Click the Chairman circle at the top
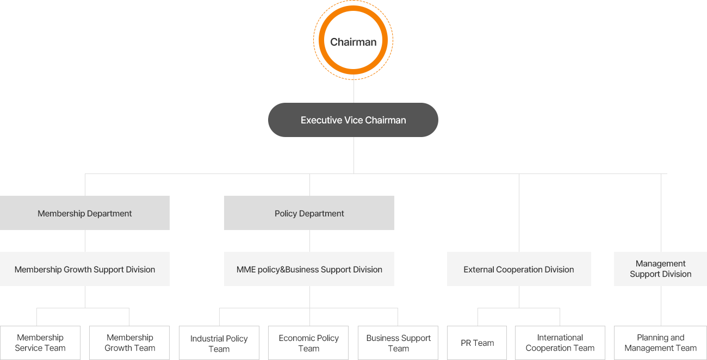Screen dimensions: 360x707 click(x=353, y=41)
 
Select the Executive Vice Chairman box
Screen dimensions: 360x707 click(x=353, y=120)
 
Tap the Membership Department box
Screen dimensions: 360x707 click(x=85, y=213)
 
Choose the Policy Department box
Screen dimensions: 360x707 click(x=309, y=213)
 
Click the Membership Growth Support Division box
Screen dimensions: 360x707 click(x=85, y=269)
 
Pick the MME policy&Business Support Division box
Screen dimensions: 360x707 click(x=309, y=269)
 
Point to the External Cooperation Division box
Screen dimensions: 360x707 click(x=519, y=269)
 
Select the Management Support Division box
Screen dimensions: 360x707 click(x=660, y=269)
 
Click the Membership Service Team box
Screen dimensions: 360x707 click(x=40, y=343)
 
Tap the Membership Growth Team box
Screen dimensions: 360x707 click(x=129, y=343)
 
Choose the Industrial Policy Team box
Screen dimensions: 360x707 click(x=219, y=343)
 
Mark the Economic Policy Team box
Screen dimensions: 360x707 click(x=308, y=343)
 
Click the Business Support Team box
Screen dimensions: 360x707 click(x=398, y=343)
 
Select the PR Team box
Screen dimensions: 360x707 click(x=477, y=343)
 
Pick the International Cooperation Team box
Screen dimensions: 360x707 click(x=560, y=343)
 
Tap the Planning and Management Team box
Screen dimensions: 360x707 click(x=660, y=343)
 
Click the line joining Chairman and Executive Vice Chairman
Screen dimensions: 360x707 click(x=353, y=91)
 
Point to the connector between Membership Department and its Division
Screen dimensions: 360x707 click(x=85, y=241)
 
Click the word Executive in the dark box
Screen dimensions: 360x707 click(x=321, y=120)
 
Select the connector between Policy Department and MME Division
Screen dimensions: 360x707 click(x=309, y=241)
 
